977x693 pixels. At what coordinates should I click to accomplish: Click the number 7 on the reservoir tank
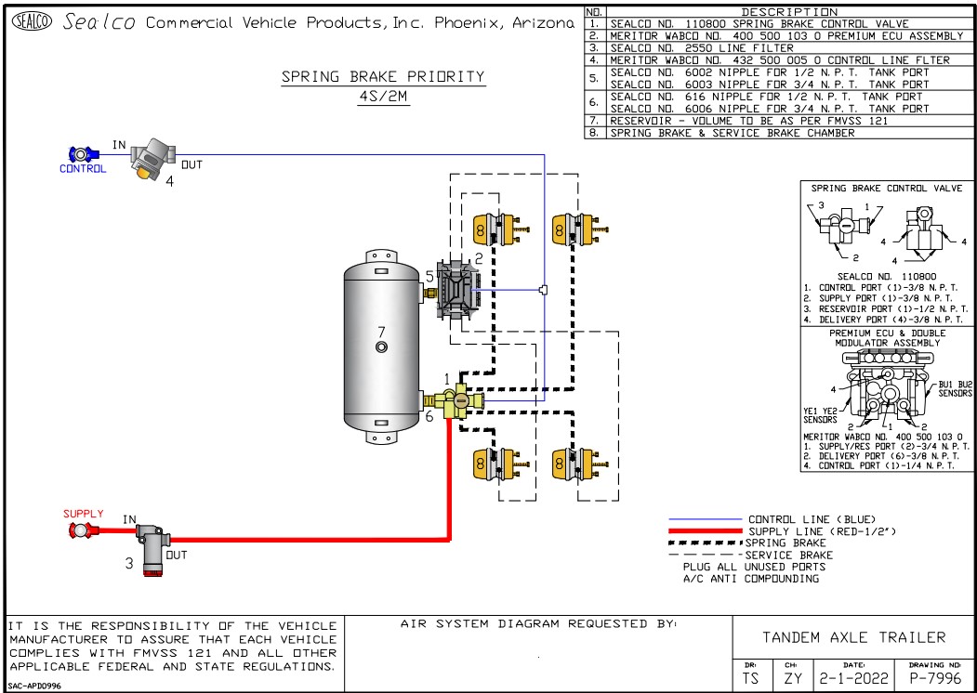(x=380, y=332)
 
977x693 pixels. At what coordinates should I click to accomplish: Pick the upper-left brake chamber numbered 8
(x=493, y=229)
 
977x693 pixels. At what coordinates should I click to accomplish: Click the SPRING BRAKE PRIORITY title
(x=383, y=78)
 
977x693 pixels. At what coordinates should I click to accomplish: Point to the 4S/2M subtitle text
(x=383, y=97)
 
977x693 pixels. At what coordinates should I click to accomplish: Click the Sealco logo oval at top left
(x=32, y=22)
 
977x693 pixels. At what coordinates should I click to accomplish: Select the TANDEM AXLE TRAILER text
(x=853, y=637)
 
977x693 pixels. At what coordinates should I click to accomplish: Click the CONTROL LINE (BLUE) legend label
(x=812, y=518)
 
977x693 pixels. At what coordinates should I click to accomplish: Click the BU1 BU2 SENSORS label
(x=955, y=388)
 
